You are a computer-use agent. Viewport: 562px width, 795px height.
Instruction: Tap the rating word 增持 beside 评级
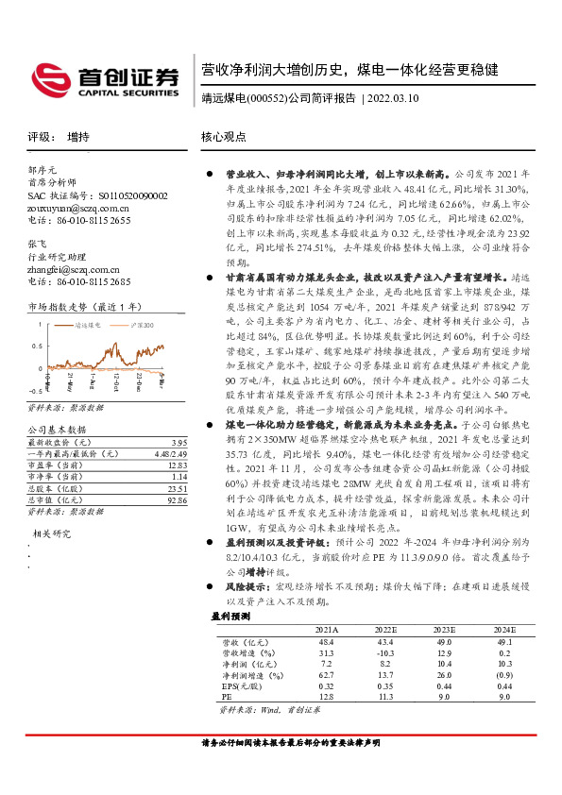[x=78, y=137]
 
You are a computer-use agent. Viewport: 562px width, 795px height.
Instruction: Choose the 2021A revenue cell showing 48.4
[x=327, y=640]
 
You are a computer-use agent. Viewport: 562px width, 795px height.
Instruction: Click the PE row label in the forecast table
[x=228, y=698]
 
